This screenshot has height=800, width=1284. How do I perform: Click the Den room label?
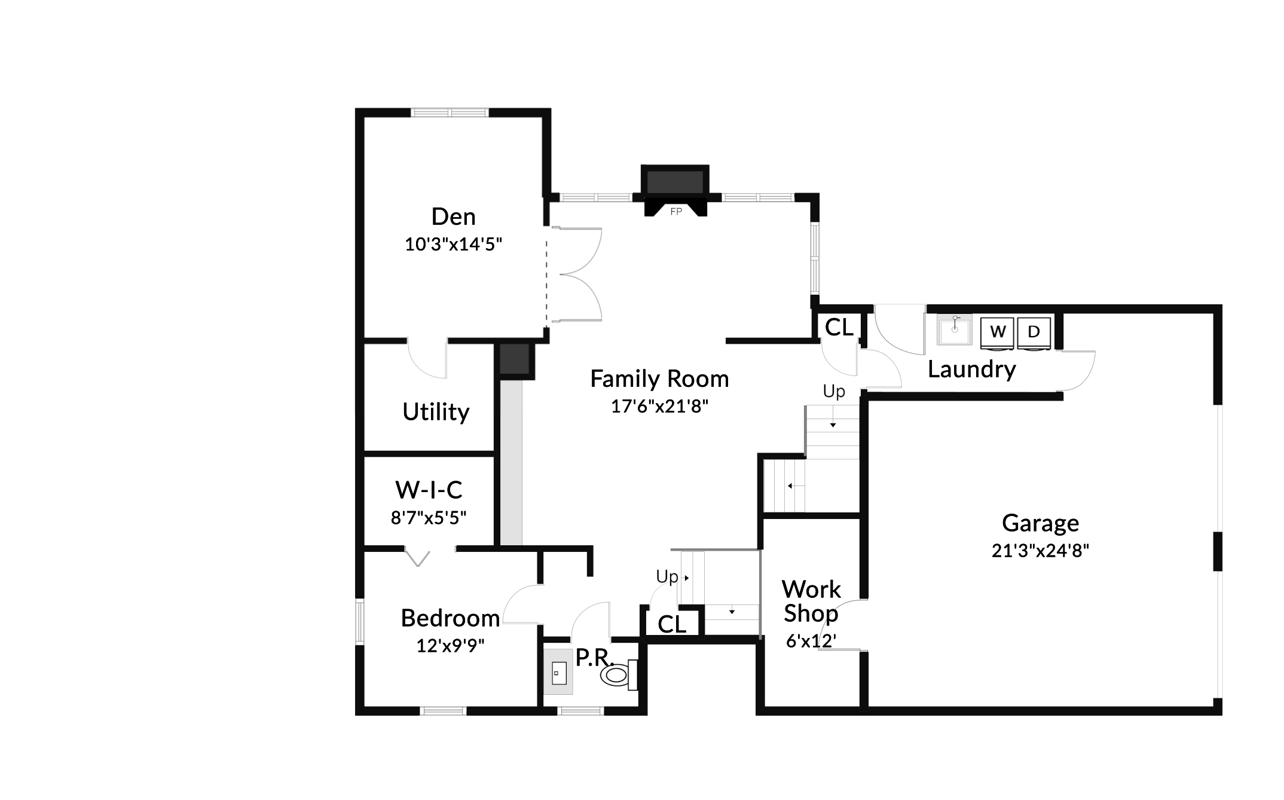click(x=454, y=216)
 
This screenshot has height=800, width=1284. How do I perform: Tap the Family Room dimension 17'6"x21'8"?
click(x=659, y=407)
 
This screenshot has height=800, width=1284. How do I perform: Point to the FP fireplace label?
click(x=676, y=212)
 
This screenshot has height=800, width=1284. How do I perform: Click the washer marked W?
click(x=998, y=332)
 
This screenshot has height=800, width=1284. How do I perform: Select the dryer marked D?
click(x=1034, y=332)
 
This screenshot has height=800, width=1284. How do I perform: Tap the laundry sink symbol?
click(x=954, y=330)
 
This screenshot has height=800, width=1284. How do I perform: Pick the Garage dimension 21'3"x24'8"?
click(x=1040, y=550)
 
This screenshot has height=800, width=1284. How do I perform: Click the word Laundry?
click(x=971, y=370)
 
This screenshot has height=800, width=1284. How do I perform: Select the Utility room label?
click(x=436, y=412)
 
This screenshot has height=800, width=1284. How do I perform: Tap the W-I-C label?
click(x=429, y=490)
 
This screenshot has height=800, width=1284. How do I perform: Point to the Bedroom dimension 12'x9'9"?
click(x=450, y=646)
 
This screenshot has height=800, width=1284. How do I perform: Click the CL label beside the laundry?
click(x=839, y=328)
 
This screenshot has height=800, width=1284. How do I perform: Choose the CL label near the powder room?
click(x=672, y=625)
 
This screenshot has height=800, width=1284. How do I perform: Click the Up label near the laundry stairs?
click(x=834, y=392)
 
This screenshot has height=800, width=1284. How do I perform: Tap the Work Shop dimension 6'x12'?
click(x=811, y=641)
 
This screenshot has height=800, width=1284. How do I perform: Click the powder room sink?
click(x=558, y=672)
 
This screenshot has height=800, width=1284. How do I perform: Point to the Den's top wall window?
click(x=450, y=112)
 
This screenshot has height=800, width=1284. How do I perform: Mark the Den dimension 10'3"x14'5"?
click(x=453, y=245)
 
